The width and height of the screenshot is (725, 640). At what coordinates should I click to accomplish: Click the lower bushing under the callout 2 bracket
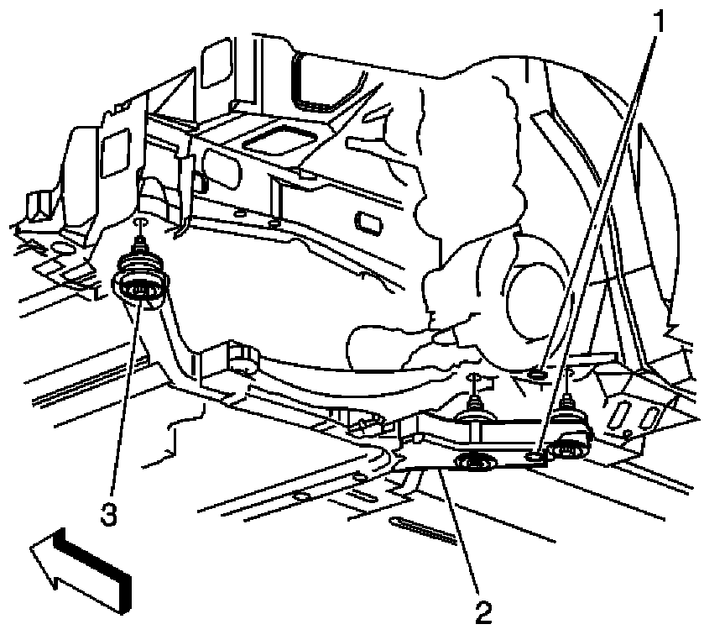point(475,463)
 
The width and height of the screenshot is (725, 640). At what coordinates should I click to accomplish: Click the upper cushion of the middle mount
point(475,415)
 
